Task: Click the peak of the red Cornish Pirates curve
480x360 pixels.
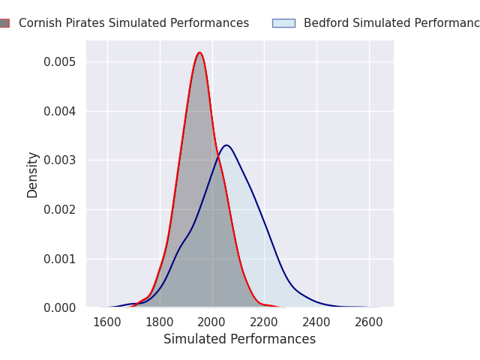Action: pos(199,52)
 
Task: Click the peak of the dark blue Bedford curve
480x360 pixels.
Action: pos(226,145)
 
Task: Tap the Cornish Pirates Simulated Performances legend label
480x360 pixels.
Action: pos(133,23)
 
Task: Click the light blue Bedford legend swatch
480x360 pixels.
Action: pos(283,23)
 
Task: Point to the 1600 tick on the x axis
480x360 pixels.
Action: pos(107,322)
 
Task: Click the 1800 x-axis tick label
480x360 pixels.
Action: pos(160,322)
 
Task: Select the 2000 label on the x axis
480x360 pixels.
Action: pos(212,322)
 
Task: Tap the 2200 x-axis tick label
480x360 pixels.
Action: pos(264,322)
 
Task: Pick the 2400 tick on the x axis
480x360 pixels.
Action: pos(316,322)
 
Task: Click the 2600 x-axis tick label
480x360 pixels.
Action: pos(369,322)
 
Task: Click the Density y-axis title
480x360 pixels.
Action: pos(33,175)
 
